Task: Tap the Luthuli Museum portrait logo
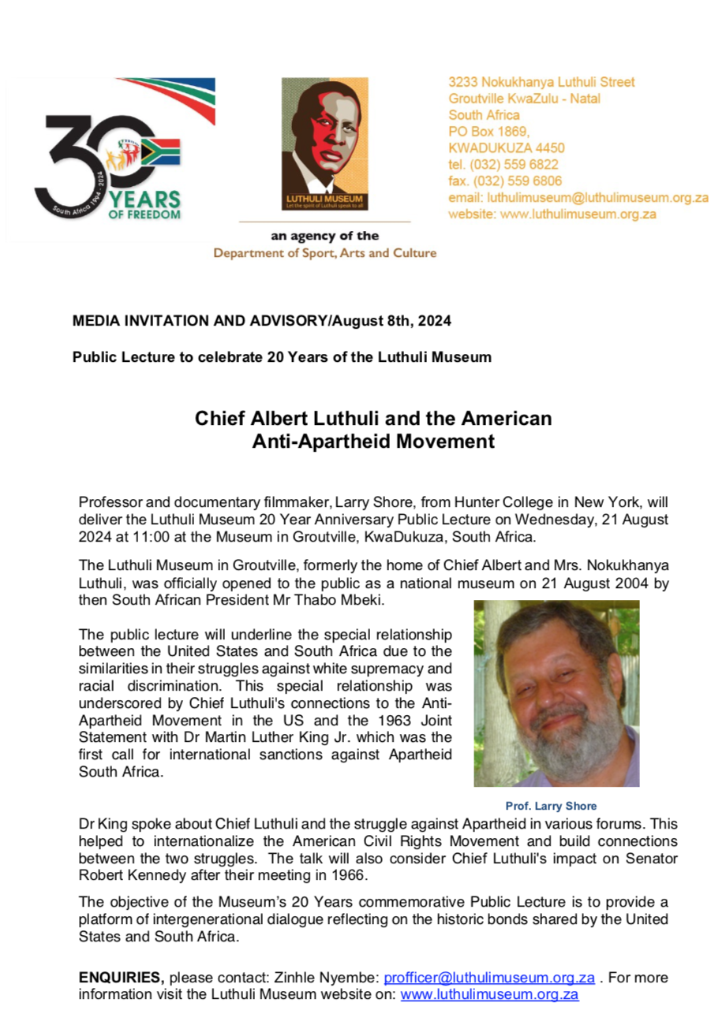(x=324, y=143)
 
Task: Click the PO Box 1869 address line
(x=488, y=131)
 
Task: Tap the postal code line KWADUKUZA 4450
(x=506, y=147)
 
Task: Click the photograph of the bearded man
(x=556, y=693)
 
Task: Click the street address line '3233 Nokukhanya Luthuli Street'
(x=541, y=81)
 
